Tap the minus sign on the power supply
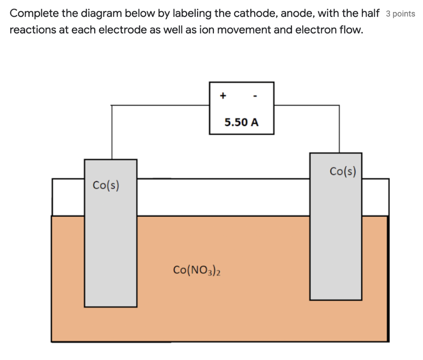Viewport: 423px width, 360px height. pos(256,96)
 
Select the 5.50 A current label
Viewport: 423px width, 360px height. pos(242,122)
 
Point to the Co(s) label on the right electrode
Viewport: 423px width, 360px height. pos(343,171)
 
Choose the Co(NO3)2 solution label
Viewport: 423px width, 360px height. pos(197,270)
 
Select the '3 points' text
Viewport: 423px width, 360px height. pos(400,14)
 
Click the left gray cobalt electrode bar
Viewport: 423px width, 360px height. pos(111,248)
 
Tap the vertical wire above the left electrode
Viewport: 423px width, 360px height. pos(112,132)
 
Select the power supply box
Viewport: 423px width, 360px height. pos(242,108)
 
